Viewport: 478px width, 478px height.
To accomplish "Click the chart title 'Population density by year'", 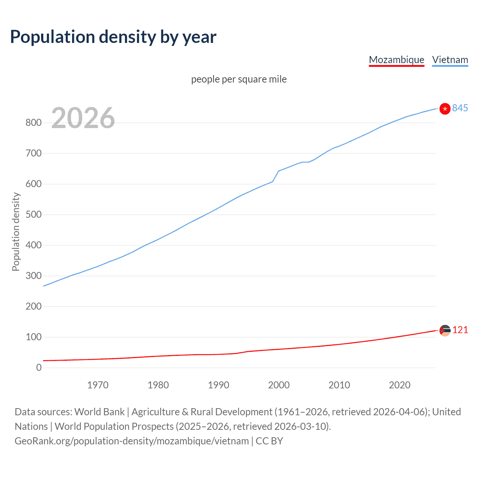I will (x=113, y=37).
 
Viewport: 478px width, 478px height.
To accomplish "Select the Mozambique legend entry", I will (x=396, y=60).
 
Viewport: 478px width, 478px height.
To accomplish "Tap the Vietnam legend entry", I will (x=450, y=60).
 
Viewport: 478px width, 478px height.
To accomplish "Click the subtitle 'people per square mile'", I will (x=239, y=79).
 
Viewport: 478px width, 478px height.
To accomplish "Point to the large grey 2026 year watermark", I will (x=83, y=118).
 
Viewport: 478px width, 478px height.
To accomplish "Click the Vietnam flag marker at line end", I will (x=444, y=109).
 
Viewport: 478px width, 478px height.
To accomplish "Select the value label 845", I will (x=460, y=108).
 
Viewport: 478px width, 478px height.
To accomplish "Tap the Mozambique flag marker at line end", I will (x=444, y=330).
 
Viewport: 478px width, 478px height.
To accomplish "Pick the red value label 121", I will (x=460, y=330).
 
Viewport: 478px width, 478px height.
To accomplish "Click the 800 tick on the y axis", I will (x=33, y=122).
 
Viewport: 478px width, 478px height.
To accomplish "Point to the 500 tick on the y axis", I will (x=33, y=214).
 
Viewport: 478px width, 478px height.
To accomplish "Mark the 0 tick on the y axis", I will (x=38, y=367).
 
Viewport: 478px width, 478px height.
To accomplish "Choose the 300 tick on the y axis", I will (x=33, y=276).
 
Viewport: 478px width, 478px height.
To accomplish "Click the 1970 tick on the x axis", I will (x=97, y=385).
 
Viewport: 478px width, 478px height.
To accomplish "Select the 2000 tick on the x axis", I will (x=279, y=385).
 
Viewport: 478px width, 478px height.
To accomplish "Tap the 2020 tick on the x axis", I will (x=399, y=385).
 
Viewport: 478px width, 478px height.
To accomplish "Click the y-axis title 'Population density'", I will (x=16, y=232).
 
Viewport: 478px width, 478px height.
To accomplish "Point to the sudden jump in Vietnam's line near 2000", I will (x=276, y=176).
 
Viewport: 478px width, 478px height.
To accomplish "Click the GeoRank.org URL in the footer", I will (x=131, y=441).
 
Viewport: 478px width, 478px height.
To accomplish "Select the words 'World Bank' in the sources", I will (x=99, y=412).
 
